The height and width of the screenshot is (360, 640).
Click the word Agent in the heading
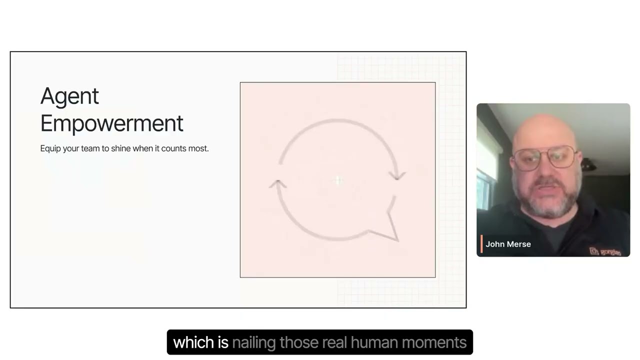pos(69,96)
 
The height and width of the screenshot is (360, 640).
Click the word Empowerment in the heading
pos(111,123)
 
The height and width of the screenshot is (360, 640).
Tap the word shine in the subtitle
pos(120,148)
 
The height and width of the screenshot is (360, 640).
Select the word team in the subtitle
pos(90,148)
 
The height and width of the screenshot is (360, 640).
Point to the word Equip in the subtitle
pos(49,148)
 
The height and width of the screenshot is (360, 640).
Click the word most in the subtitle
pos(198,148)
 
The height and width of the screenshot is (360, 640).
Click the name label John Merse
pos(508,244)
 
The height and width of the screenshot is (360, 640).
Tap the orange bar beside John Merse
pos(481,244)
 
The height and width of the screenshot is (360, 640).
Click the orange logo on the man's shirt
pos(604,251)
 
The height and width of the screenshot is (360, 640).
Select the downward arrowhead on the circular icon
pos(398,175)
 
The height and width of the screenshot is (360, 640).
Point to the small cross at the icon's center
pos(338,180)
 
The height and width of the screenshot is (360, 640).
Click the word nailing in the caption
pos(253,342)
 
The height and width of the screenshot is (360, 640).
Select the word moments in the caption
pos(434,342)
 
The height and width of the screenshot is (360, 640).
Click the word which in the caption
pos(187,342)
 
